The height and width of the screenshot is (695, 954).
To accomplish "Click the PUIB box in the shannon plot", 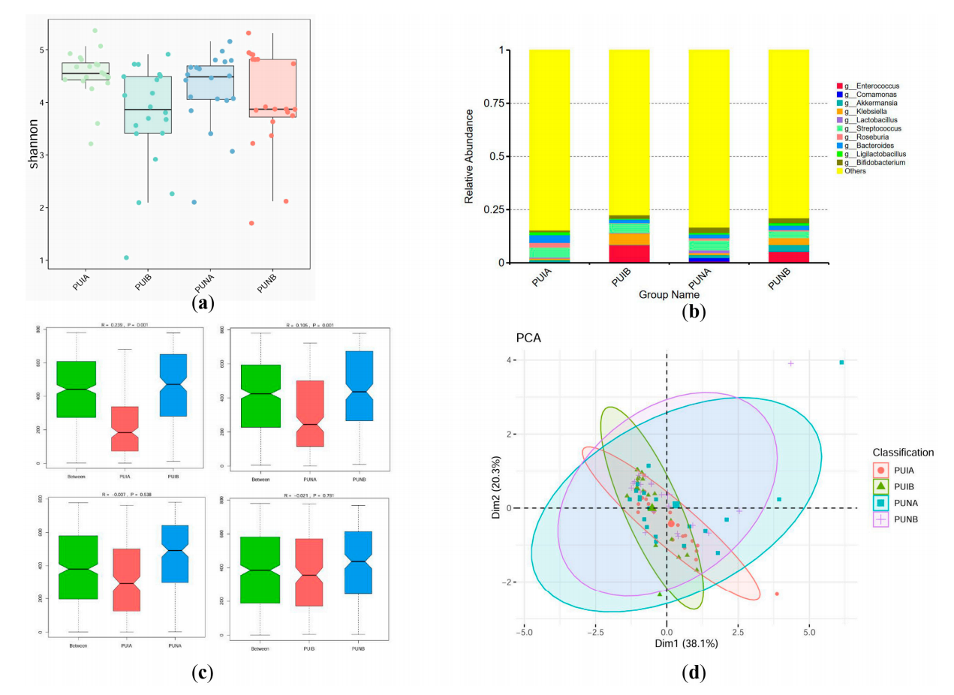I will [x=147, y=105].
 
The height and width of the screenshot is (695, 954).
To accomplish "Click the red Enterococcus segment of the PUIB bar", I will [x=629, y=254].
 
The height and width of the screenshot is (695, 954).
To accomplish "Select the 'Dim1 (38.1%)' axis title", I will [x=667, y=643].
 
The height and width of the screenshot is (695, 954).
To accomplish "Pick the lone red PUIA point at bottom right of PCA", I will [x=776, y=594].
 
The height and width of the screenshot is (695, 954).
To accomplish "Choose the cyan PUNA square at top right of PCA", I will [x=841, y=363].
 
